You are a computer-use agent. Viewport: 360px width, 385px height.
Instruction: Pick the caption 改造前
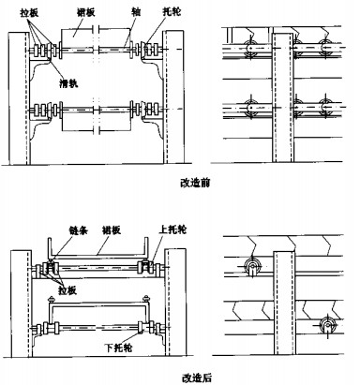[x=198, y=182]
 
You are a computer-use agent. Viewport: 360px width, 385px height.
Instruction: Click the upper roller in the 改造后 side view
[x=252, y=268]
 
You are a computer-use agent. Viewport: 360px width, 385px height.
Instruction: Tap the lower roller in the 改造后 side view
[x=325, y=325]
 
